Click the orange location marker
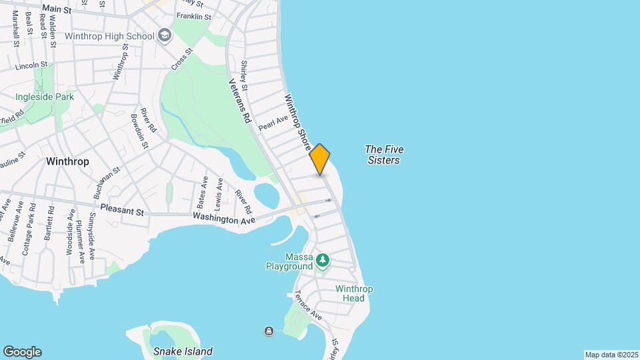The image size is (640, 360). (x=320, y=159)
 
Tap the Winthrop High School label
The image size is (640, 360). (x=115, y=36)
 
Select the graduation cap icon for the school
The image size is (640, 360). (x=165, y=36)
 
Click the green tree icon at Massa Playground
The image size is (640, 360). (x=323, y=259)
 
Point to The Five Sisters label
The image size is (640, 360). (x=384, y=155)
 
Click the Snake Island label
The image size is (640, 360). (x=183, y=351)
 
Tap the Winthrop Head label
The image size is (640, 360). (x=354, y=293)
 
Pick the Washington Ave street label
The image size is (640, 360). (x=224, y=217)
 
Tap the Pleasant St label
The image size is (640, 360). (x=122, y=209)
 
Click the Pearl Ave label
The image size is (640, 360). (x=273, y=122)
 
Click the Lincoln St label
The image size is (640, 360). (x=31, y=65)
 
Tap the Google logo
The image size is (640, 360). (x=22, y=352)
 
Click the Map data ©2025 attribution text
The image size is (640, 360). (x=611, y=355)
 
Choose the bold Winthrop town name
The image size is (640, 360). (x=68, y=161)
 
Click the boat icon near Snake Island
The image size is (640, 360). (x=269, y=331)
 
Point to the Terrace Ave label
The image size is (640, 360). (x=308, y=305)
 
